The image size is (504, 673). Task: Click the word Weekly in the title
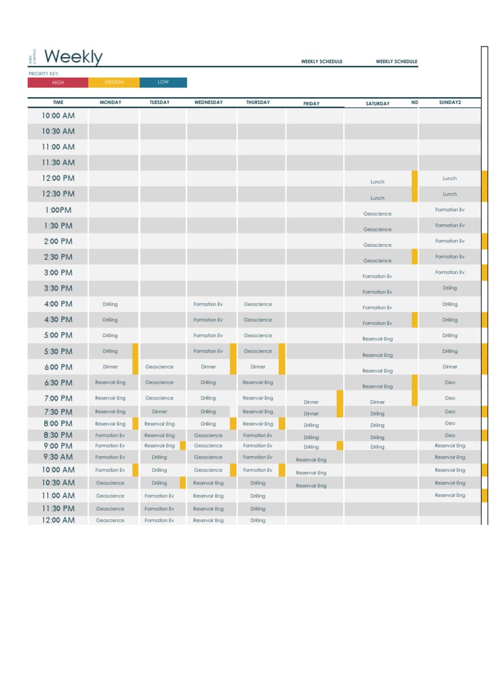click(x=73, y=57)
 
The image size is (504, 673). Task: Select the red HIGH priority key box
click(x=58, y=83)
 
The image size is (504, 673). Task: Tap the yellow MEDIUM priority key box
click(x=114, y=83)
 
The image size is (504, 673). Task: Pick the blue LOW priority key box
click(x=163, y=83)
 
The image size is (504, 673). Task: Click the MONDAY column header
click(x=110, y=103)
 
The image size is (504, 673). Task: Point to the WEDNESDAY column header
click(x=208, y=103)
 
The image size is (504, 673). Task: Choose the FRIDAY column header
click(x=311, y=104)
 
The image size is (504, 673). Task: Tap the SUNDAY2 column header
click(x=450, y=103)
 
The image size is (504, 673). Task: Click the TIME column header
click(x=58, y=103)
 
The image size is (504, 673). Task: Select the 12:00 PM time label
click(x=58, y=178)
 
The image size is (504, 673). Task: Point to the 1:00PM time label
click(x=58, y=210)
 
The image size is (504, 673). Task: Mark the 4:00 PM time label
click(x=58, y=304)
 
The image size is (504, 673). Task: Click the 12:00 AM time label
click(x=58, y=520)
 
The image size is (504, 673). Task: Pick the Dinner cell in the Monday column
click(x=110, y=367)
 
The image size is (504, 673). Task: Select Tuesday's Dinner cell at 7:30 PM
click(x=159, y=412)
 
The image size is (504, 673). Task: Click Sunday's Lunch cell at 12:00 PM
click(x=450, y=179)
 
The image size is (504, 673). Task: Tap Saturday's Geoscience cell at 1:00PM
click(x=377, y=214)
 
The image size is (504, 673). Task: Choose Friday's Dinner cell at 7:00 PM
click(x=311, y=402)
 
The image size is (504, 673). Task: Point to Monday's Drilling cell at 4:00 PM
click(x=110, y=304)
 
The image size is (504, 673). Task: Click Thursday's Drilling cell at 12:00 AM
click(x=258, y=521)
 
